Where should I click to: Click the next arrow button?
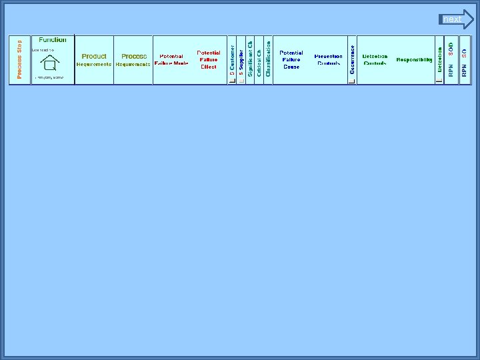(x=457, y=19)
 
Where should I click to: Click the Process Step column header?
(x=19, y=60)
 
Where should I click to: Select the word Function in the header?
(x=53, y=40)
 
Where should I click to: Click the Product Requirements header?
(x=94, y=60)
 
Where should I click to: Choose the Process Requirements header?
(x=133, y=60)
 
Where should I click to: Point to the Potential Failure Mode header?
(x=171, y=60)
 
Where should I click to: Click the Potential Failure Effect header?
(x=209, y=60)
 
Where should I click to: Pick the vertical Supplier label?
(x=241, y=59)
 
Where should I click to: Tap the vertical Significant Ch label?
(x=250, y=59)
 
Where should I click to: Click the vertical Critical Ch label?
(x=259, y=59)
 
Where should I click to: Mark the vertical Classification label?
(x=269, y=59)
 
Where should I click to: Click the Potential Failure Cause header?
(x=291, y=60)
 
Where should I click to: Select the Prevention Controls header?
(x=329, y=60)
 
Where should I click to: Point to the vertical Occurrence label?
(x=353, y=59)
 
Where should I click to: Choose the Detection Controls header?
(x=375, y=60)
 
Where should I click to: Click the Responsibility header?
(x=414, y=60)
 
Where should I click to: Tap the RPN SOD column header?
(x=451, y=60)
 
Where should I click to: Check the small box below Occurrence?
(x=351, y=81)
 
